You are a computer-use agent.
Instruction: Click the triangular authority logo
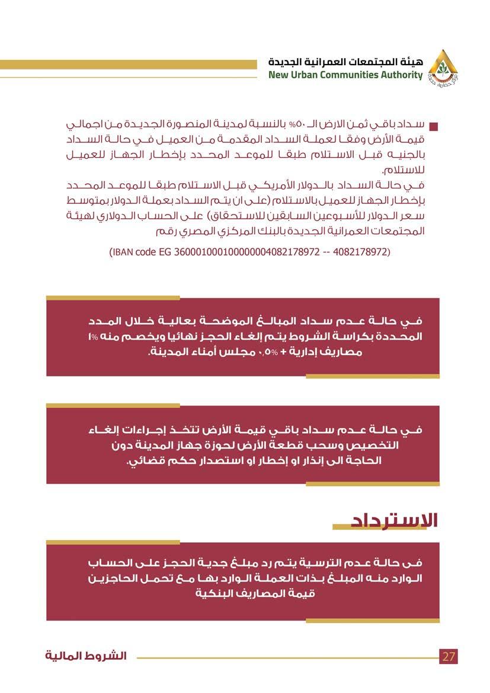point(443,67)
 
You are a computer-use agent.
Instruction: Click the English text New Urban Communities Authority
point(345,75)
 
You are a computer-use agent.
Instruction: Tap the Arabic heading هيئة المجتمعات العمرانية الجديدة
point(345,62)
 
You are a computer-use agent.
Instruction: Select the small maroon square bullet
point(433,127)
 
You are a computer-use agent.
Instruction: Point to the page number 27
point(449,657)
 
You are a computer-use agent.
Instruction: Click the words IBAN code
point(133,252)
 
